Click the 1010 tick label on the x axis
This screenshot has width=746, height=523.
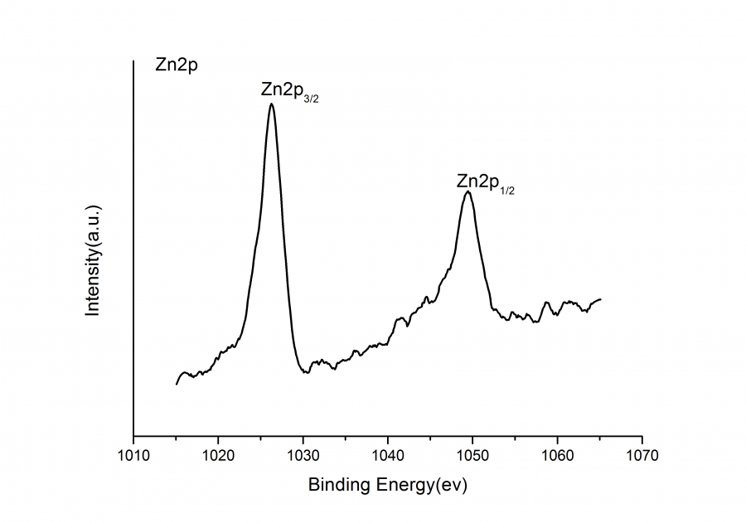(133, 455)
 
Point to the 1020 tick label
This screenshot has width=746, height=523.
(218, 455)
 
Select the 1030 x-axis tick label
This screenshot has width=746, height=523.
(303, 455)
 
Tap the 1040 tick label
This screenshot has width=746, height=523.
(388, 455)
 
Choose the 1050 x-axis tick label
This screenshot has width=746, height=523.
(472, 455)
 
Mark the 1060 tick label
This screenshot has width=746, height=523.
(557, 455)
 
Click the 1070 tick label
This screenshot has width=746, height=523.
(642, 455)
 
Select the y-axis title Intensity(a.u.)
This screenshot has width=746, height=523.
(93, 259)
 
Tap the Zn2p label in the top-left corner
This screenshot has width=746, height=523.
(176, 65)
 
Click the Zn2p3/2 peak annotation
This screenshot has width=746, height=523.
(289, 90)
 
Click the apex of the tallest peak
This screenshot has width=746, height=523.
(271, 104)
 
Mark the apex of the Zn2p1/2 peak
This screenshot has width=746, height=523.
(468, 191)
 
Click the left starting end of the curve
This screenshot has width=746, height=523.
(177, 384)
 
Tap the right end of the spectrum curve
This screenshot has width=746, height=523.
(600, 299)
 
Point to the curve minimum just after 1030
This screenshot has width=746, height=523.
(305, 373)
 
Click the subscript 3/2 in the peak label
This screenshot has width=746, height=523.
(311, 98)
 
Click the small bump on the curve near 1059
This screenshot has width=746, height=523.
(546, 303)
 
